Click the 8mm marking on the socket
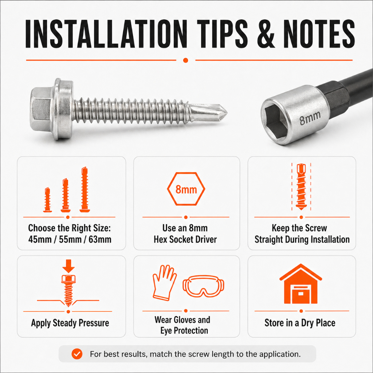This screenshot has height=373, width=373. pos(310,118)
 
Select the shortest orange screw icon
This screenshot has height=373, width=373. pos(48,200)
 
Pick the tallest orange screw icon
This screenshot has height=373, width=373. pos(85,189)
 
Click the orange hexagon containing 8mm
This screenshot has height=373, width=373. pos(186,189)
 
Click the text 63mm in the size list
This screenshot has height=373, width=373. pos(100,239)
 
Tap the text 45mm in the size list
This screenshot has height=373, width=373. pos(40,239)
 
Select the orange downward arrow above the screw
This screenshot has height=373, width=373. pos(68,266)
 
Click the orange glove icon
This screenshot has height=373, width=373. pos(164,283)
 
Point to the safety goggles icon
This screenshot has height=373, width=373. pos(203,286)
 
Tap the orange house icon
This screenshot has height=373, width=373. pos(301,284)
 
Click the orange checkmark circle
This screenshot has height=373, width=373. pos(77,354)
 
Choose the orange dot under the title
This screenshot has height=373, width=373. pos(185,60)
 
